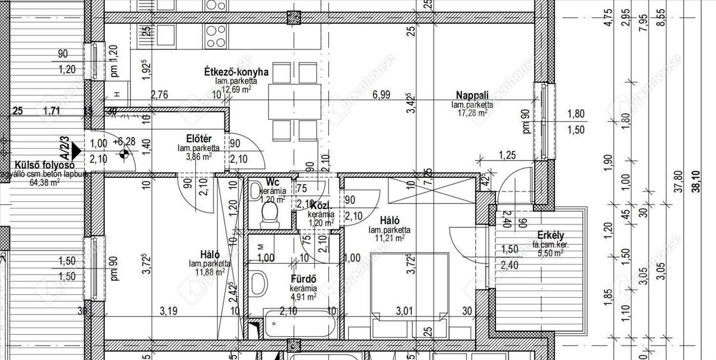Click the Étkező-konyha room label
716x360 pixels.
coord(236,72)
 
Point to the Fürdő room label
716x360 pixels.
coord(303,279)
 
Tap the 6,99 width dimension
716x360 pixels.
coord(381,94)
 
